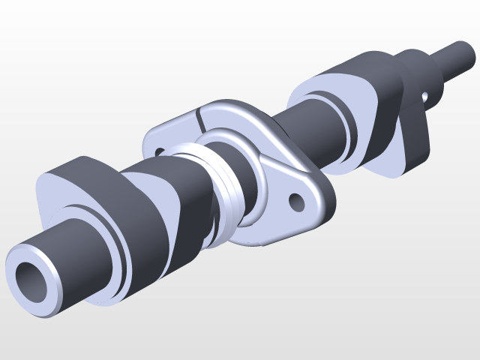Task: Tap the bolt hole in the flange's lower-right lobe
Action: point(297,201)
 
